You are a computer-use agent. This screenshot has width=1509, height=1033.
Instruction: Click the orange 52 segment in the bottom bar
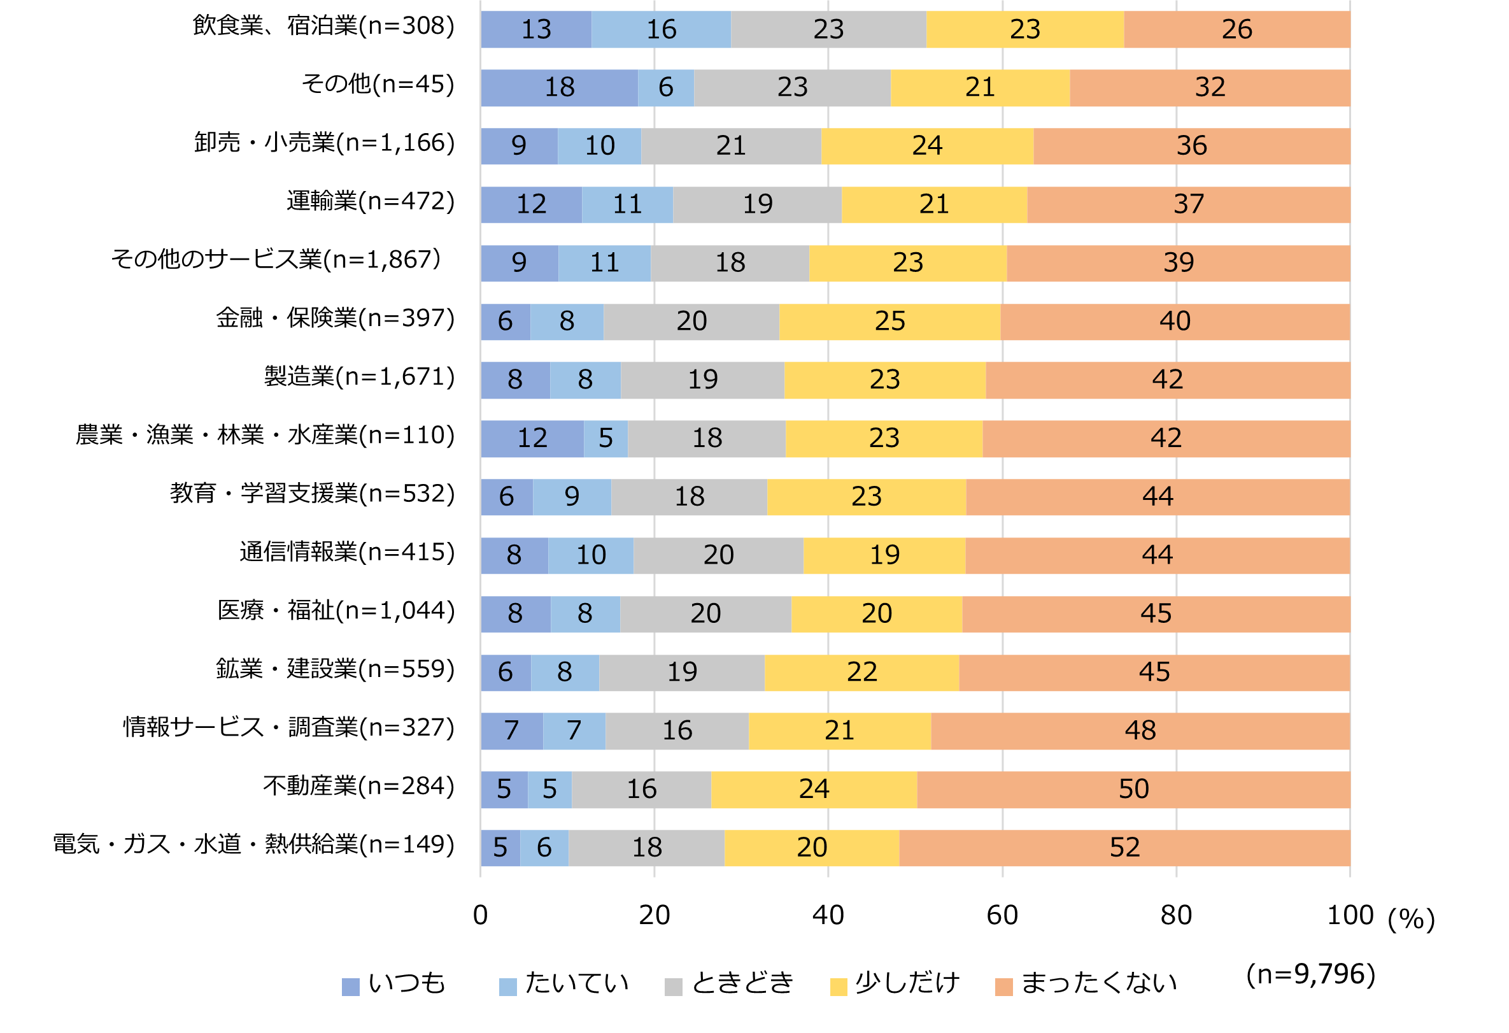point(1124,848)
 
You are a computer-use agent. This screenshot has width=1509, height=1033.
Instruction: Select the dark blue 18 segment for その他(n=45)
point(559,88)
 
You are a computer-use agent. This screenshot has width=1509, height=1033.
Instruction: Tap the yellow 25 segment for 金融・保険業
point(889,322)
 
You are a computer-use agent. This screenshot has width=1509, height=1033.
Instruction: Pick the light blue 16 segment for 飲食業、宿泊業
point(661,29)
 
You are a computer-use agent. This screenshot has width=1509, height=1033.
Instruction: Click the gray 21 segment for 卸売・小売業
point(730,146)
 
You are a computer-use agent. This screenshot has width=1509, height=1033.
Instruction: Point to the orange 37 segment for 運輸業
point(1188,204)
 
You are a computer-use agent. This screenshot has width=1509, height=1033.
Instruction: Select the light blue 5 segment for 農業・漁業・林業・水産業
point(605,438)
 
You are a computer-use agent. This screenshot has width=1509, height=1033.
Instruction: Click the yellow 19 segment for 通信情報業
point(884,555)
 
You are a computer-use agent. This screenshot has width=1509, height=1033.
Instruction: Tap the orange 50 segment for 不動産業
point(1133,790)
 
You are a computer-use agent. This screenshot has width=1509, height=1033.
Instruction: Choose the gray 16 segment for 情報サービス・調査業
point(677,731)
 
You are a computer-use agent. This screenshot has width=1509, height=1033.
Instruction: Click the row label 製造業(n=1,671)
point(359,377)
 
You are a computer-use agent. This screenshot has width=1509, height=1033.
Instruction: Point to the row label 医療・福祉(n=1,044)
point(336,611)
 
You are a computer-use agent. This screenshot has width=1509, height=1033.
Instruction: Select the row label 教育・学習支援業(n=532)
point(312,494)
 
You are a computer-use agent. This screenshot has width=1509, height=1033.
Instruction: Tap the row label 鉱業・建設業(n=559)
point(335,669)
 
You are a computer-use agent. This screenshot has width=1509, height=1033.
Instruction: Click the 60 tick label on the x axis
point(1002,915)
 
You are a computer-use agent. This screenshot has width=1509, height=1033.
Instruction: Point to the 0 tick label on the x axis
point(480,915)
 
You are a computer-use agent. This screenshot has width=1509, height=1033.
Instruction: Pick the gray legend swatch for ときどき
point(674,987)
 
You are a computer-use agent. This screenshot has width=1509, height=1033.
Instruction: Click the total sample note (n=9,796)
point(1310,974)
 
